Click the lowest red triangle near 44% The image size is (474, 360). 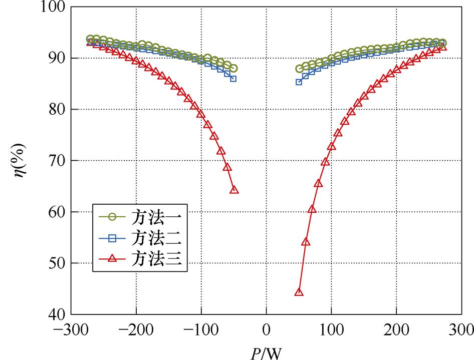(299, 292)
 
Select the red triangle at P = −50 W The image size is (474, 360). (234, 190)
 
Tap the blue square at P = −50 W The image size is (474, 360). (233, 79)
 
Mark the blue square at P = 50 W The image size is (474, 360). (299, 82)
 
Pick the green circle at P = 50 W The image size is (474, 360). (300, 69)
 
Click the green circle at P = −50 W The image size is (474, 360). (233, 69)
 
